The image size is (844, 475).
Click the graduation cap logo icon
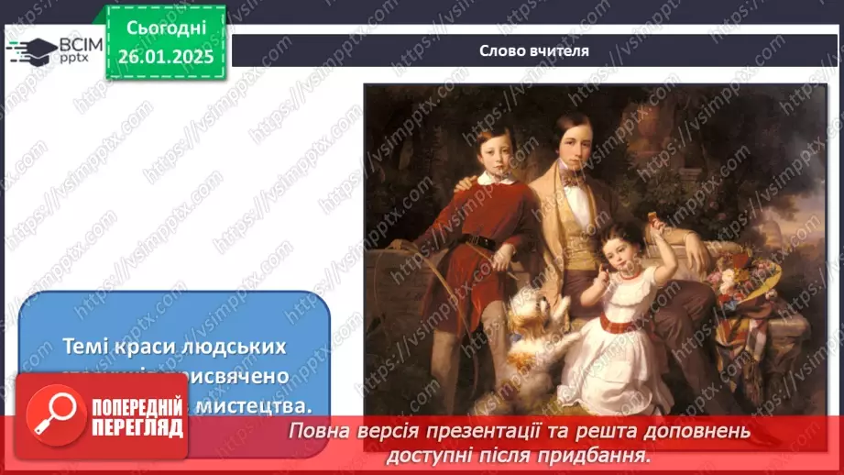[30, 50]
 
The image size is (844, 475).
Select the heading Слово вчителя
[534, 50]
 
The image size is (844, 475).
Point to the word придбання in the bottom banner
[606, 454]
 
